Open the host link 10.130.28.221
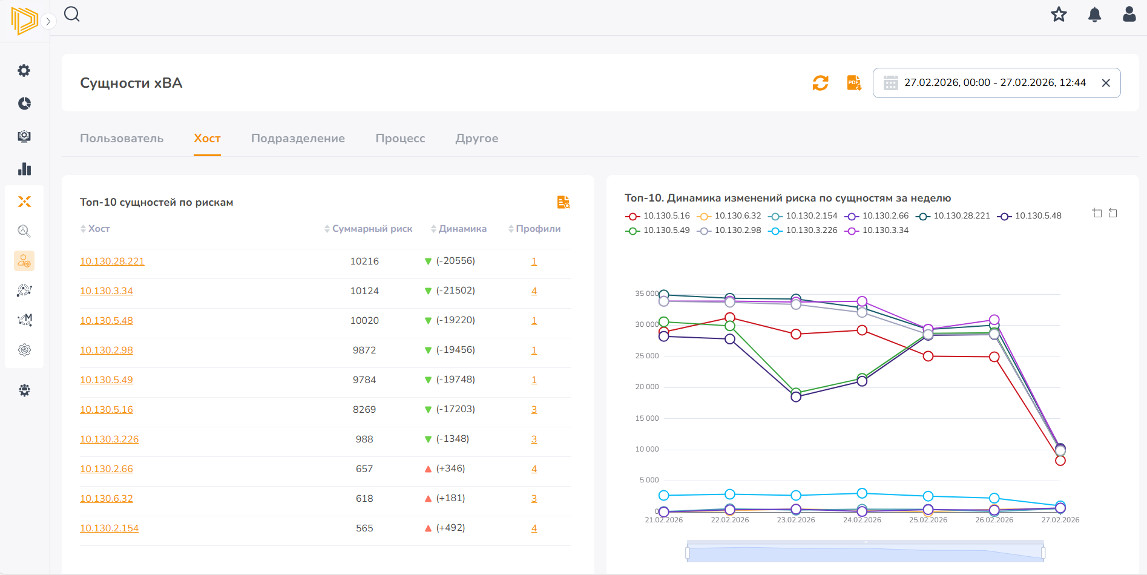click(112, 261)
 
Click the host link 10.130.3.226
click(109, 439)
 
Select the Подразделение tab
click(298, 139)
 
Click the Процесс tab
click(400, 139)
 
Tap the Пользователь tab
click(122, 139)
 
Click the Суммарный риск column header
click(372, 229)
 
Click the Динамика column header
click(462, 229)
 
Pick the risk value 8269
click(364, 410)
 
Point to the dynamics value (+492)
click(450, 528)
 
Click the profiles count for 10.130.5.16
click(534, 410)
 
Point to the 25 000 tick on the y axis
click(646, 356)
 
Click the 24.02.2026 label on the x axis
click(862, 520)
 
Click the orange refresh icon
click(820, 83)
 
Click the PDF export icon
click(854, 83)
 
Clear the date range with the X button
click(1106, 83)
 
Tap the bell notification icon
click(1094, 15)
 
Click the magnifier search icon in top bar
click(72, 14)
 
